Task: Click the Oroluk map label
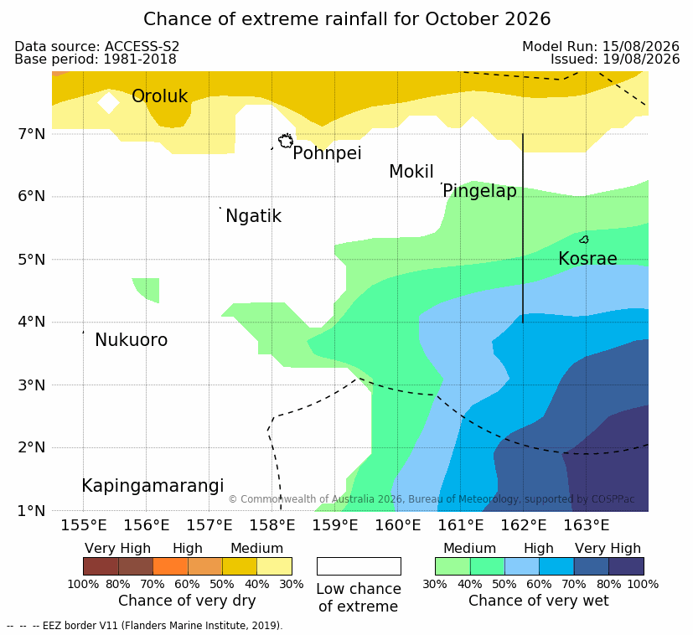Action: click(159, 96)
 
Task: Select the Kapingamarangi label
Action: click(153, 486)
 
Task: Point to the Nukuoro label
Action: click(132, 340)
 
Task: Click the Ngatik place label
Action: click(253, 216)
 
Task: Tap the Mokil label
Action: click(411, 172)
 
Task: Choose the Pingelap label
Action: click(479, 191)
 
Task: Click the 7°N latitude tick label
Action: click(31, 134)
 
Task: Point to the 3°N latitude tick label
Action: click(31, 385)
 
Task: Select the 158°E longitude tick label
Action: click(272, 525)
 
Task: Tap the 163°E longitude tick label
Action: click(586, 525)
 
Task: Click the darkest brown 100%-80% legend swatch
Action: click(101, 566)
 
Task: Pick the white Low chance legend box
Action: click(359, 566)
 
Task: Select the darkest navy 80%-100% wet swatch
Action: click(626, 566)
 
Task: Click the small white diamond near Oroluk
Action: click(108, 102)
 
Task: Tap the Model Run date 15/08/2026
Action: click(640, 46)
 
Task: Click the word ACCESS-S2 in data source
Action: click(142, 46)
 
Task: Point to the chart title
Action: click(347, 19)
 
